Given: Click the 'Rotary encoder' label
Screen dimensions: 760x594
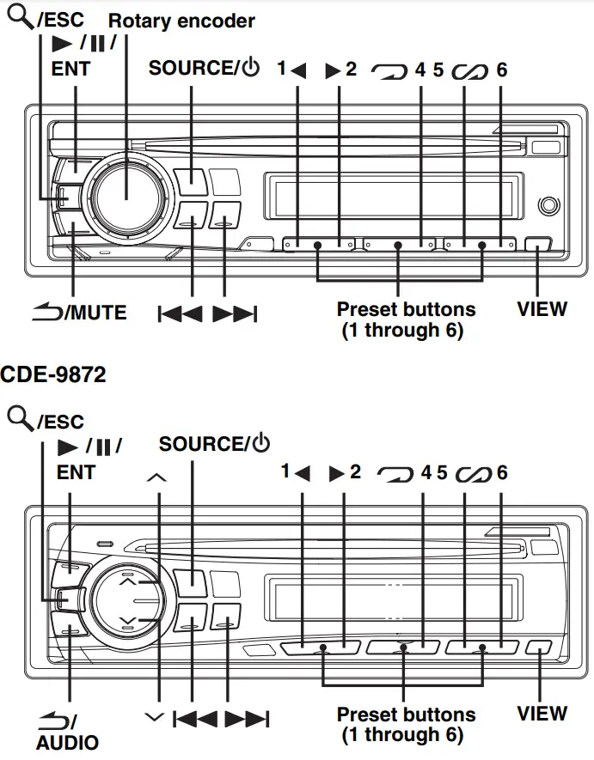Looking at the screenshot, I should tap(181, 20).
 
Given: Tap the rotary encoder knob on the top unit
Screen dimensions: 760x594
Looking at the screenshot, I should tap(126, 196).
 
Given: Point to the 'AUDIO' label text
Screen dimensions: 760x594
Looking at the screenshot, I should tap(67, 742).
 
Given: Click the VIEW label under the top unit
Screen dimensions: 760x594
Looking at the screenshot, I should tap(542, 308).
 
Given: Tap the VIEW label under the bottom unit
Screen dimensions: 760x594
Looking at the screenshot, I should tap(542, 713).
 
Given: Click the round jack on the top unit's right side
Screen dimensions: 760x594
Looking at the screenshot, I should tap(547, 207).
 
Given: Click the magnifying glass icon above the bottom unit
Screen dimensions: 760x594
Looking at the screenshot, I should tap(19, 418).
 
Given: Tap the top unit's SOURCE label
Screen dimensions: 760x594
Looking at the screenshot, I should tap(192, 69).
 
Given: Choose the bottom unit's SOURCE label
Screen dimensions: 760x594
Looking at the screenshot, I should tap(202, 444).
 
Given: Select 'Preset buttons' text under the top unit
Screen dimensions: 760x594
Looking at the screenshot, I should tap(406, 308).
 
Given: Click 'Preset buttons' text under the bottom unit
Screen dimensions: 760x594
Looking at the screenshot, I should tap(406, 714).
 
